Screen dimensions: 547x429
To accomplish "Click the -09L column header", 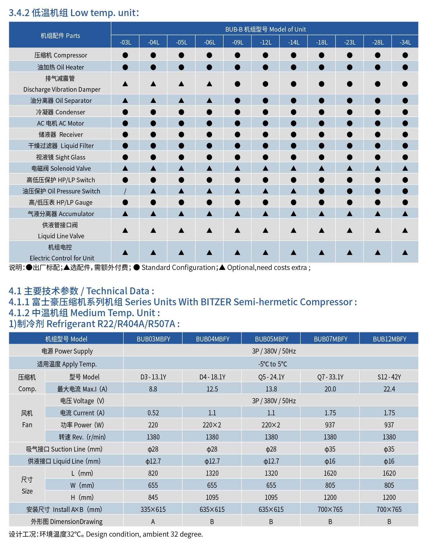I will click(237, 43).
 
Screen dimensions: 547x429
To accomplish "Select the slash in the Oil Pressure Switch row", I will click(125, 191).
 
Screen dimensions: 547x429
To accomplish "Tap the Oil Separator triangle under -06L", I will click(209, 101).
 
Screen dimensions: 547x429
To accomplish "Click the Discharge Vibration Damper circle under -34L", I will click(405, 84).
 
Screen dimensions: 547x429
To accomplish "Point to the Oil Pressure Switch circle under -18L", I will click(322, 191).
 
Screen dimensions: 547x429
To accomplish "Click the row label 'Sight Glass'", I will click(60, 157).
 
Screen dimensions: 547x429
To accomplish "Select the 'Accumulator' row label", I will click(60, 214).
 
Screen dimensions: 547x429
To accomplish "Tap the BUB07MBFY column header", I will click(330, 339).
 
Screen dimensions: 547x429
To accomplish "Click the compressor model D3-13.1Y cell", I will click(153, 377).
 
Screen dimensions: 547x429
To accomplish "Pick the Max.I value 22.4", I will click(389, 389).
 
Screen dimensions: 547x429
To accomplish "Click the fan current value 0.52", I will click(153, 413).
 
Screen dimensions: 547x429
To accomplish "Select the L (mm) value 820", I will click(153, 473).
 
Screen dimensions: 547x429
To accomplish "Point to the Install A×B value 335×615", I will click(153, 509).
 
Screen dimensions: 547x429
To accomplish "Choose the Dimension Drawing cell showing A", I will click(153, 521).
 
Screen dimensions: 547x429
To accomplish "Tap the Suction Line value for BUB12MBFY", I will click(389, 449).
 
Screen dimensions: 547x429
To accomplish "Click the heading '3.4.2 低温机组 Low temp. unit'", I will click(74, 13).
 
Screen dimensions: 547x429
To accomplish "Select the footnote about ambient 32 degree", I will click(106, 534).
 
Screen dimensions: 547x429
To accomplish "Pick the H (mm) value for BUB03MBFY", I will click(153, 497).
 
